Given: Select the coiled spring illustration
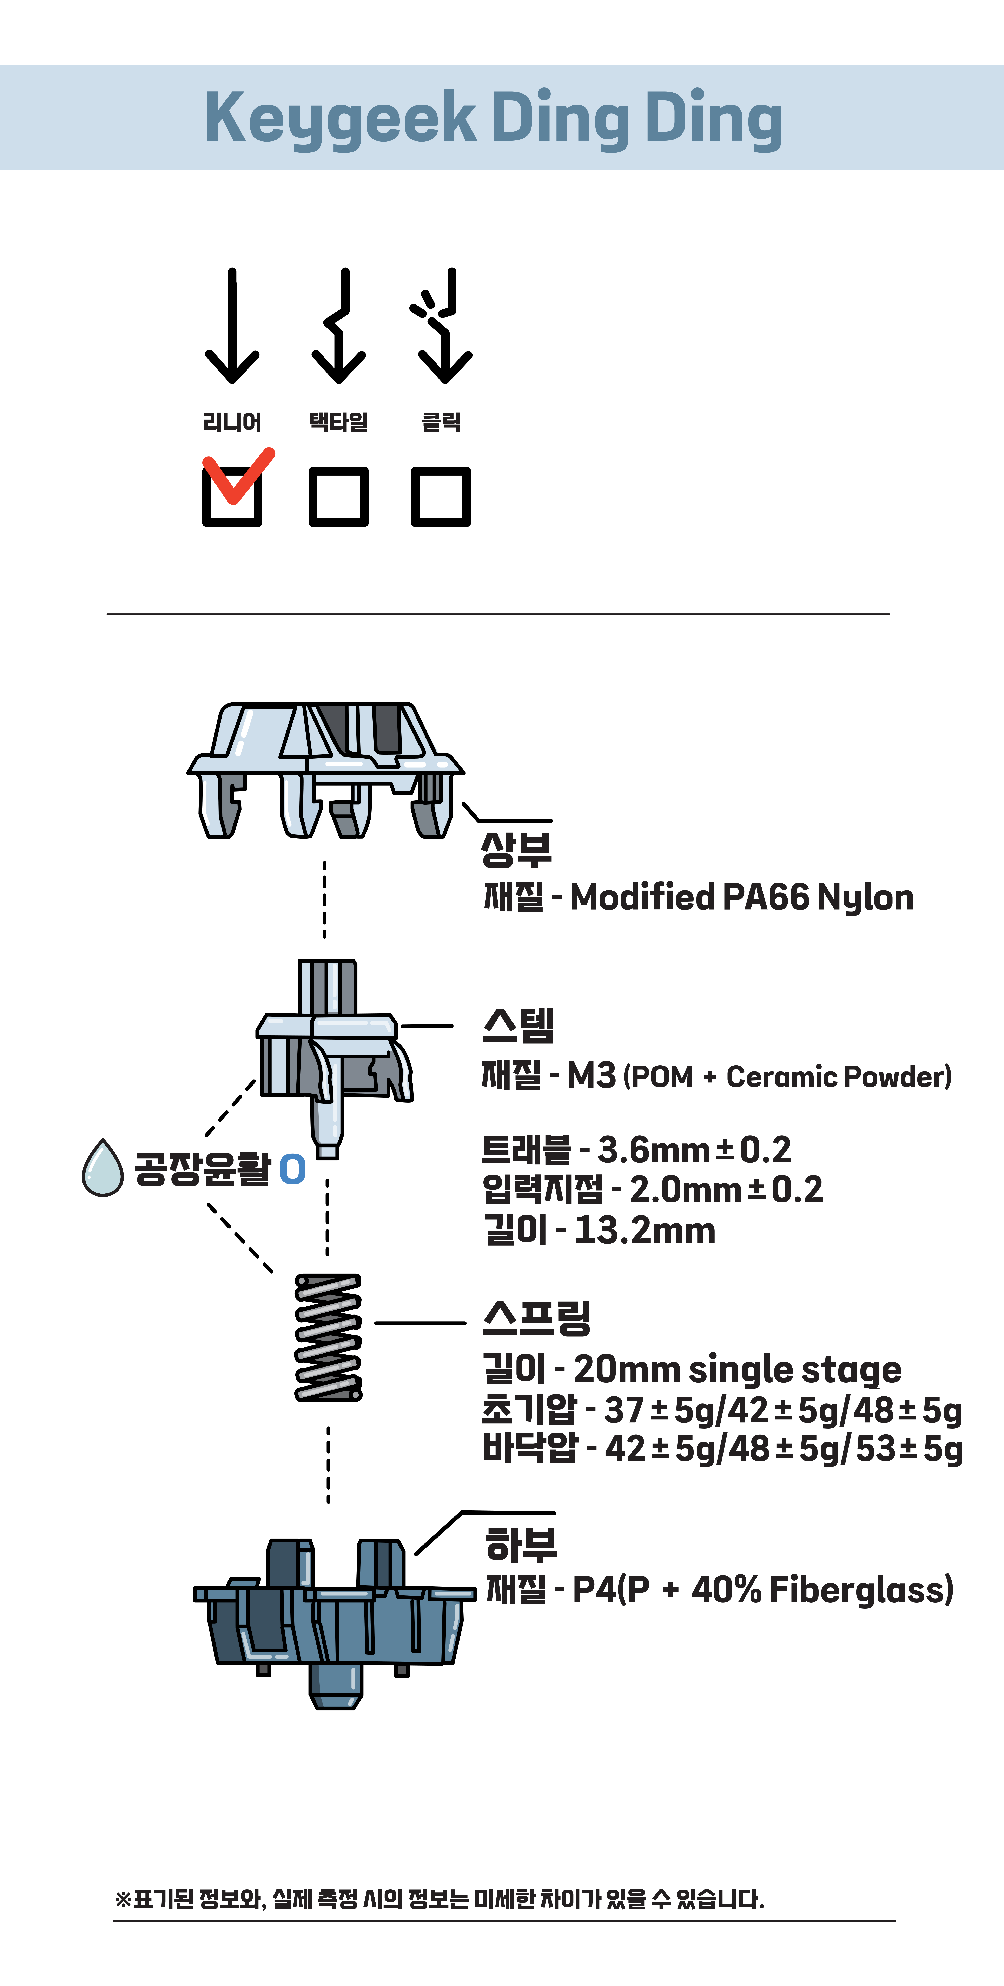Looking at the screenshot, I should [328, 1338].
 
